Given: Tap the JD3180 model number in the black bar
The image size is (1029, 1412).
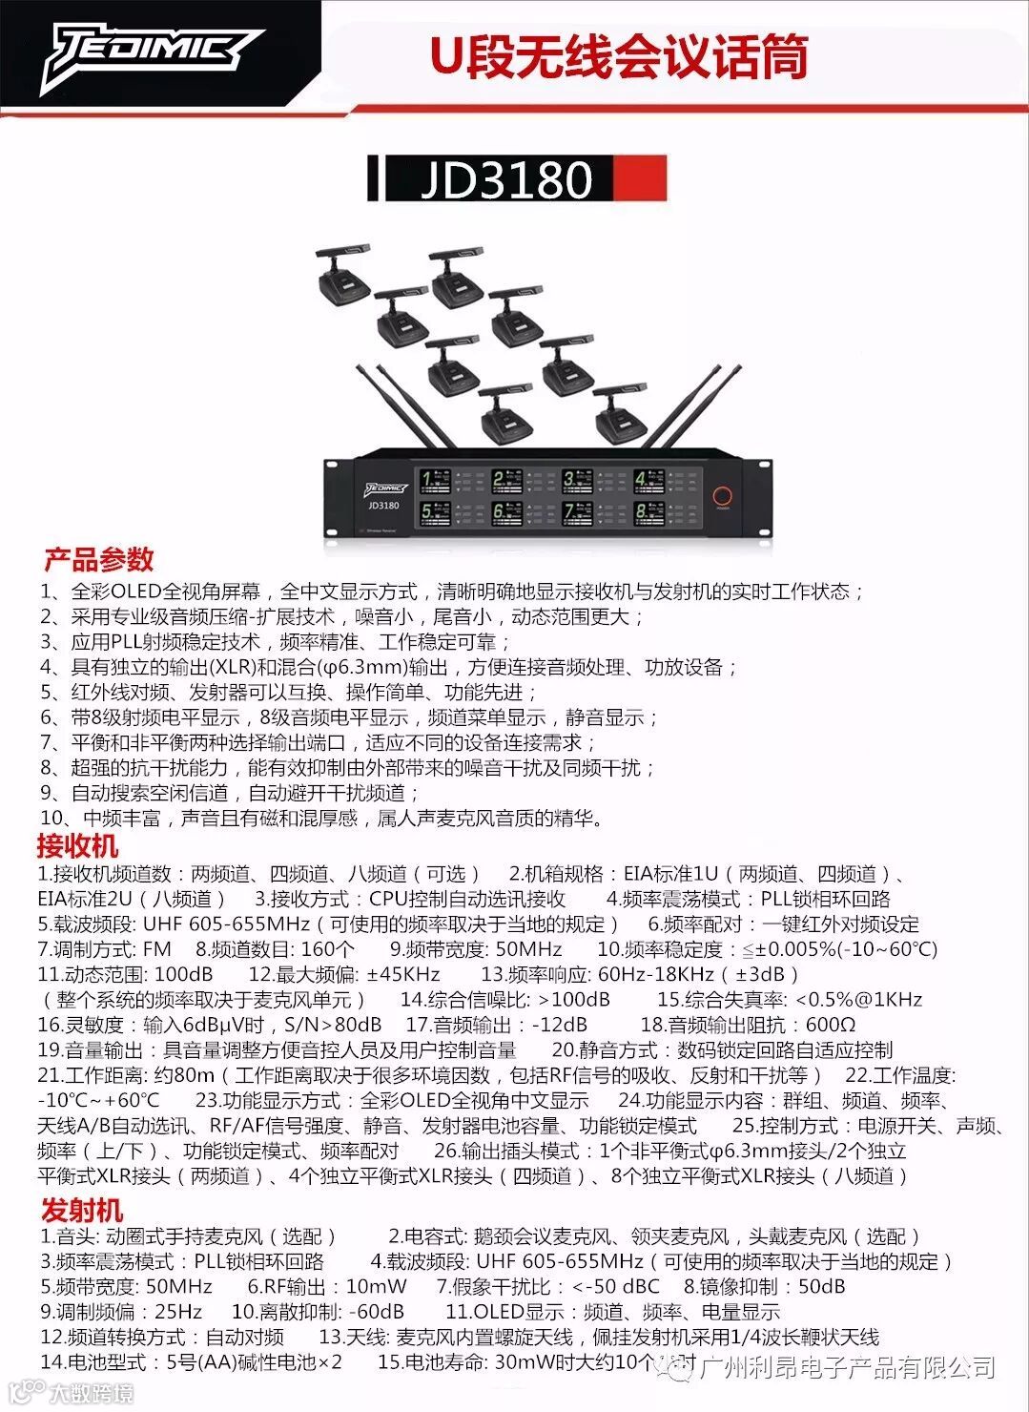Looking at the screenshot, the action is click(x=506, y=179).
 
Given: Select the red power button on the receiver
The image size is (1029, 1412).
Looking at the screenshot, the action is click(x=723, y=496).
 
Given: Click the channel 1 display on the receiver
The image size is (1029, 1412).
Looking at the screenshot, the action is click(x=438, y=479).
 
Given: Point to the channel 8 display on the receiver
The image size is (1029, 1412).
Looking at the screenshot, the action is click(x=650, y=513).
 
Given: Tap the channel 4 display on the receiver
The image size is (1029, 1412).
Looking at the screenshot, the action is click(x=650, y=479).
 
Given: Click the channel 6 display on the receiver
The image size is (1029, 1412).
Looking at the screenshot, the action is click(x=508, y=513).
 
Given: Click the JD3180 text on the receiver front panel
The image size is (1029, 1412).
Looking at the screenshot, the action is click(x=382, y=506).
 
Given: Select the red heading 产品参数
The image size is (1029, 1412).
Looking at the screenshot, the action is click(x=98, y=559).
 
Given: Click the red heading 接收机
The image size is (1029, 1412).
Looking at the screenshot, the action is click(x=77, y=845).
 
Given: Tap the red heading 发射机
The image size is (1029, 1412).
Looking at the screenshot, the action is click(x=81, y=1211).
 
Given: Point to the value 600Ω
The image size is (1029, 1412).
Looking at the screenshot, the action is click(x=831, y=1025).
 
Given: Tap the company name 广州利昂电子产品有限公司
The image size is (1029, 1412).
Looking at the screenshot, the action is click(x=847, y=1367).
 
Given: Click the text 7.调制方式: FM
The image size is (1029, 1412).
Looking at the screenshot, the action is click(x=105, y=949).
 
